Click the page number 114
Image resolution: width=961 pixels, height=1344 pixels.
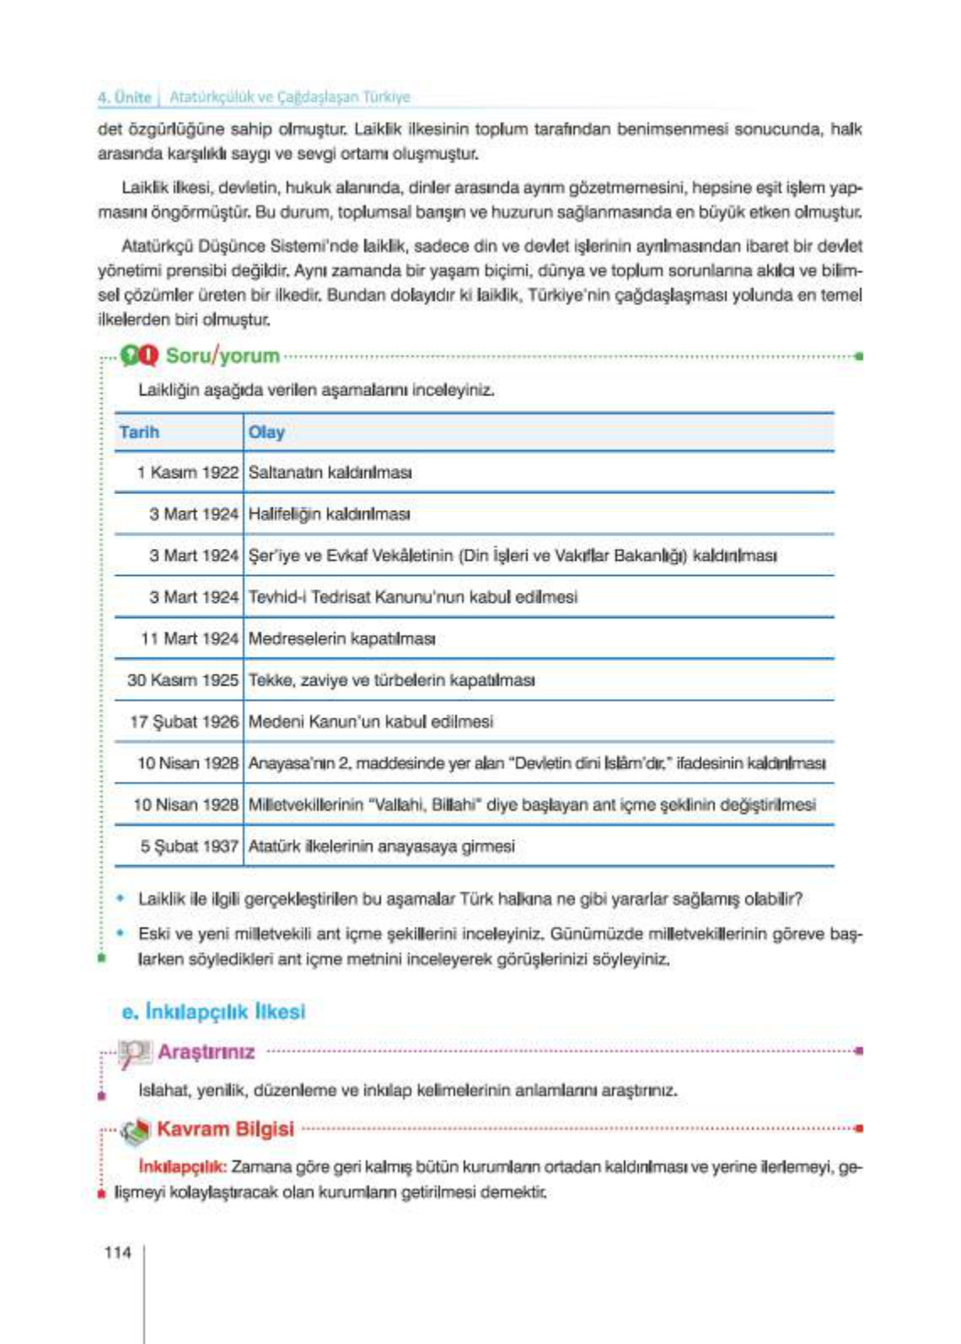tap(117, 1252)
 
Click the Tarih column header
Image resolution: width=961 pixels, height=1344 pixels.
tap(139, 432)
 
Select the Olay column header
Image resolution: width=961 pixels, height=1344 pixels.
tap(266, 432)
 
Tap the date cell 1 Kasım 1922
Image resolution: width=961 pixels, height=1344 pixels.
tap(187, 472)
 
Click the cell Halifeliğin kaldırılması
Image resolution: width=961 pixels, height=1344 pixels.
tap(329, 513)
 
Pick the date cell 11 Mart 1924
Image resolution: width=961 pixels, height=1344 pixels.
tap(189, 638)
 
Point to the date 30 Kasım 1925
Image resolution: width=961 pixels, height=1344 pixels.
tap(182, 680)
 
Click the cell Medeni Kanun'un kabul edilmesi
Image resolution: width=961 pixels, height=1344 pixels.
tap(370, 722)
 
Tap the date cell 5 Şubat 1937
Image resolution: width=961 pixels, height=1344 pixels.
tap(189, 846)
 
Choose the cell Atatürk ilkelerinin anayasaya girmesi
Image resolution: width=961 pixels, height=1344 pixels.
tap(381, 846)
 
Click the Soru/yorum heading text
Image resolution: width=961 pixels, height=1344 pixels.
tap(223, 355)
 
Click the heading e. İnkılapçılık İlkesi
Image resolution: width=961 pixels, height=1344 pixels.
tap(213, 1011)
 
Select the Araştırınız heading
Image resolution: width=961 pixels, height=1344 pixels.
tap(206, 1051)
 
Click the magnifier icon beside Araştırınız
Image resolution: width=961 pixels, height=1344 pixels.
tap(133, 1052)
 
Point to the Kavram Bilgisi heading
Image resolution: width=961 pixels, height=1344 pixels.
tap(225, 1128)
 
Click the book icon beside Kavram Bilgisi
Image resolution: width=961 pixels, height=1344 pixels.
tap(134, 1131)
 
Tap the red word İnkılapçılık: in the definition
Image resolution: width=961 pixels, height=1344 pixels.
tap(182, 1167)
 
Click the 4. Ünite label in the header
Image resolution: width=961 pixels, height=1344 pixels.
tap(124, 97)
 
